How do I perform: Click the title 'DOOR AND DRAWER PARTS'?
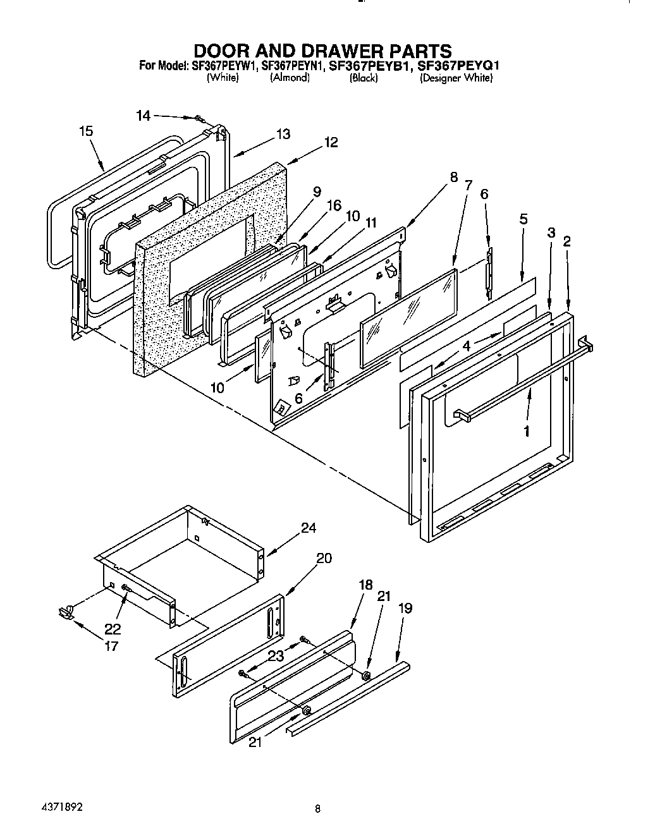tap(322, 51)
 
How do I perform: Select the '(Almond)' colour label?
tap(290, 78)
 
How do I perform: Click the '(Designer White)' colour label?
tap(456, 78)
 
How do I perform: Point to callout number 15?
tap(86, 131)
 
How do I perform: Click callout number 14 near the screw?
tap(144, 115)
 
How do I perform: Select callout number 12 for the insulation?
tap(331, 142)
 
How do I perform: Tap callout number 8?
tap(454, 177)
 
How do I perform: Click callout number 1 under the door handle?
tap(526, 432)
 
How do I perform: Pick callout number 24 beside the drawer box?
tap(308, 528)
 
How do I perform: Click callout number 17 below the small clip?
tap(111, 647)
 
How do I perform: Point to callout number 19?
tap(405, 608)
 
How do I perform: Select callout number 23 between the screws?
tap(276, 656)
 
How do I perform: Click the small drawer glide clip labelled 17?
tap(66, 610)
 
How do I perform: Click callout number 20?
tap(324, 558)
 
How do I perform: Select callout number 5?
tap(523, 220)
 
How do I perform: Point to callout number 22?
tap(113, 629)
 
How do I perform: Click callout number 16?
tap(334, 205)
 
